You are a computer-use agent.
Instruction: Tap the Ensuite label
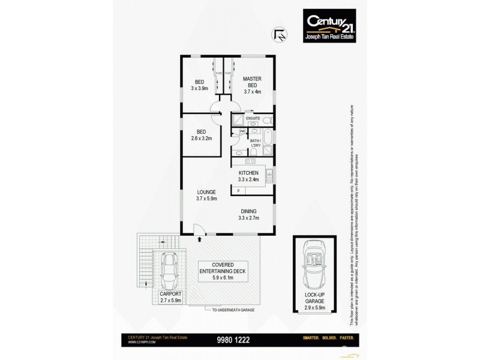pos(253,119)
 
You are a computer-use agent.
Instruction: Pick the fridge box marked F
pos(238,191)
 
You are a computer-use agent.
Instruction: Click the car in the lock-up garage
pos(314,265)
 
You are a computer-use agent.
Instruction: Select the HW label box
pos(242,131)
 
